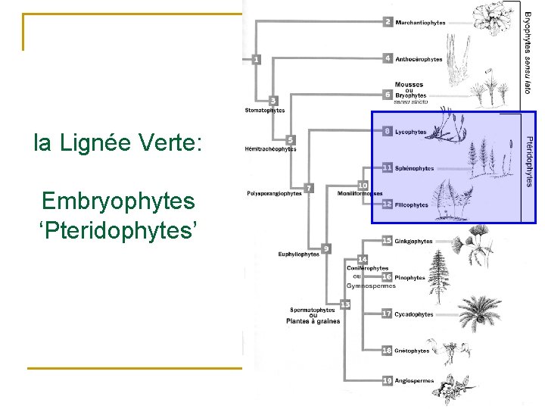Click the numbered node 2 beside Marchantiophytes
pos(388,23)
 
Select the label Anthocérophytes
pos(419,59)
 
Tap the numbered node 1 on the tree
pos(256,59)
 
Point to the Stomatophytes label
pos(265,110)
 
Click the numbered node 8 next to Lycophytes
pos(388,132)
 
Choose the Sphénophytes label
pos(415,168)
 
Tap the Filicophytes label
pos(412,204)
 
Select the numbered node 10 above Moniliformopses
pos(363,186)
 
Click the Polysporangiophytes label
pos(275,193)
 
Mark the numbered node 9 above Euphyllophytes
pos(326,248)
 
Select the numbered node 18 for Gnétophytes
pos(387,351)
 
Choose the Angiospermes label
pos(415,380)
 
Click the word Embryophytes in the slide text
pos(119,201)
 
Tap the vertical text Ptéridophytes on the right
pos(529,161)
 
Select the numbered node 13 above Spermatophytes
pos(345,304)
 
